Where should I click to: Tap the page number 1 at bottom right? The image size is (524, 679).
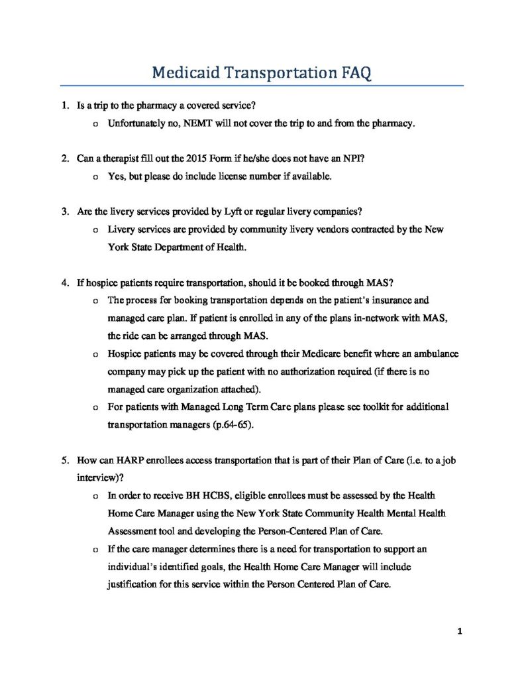(458, 631)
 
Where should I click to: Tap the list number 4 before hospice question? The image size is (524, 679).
(64, 282)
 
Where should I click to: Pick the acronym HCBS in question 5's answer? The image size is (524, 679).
(205, 496)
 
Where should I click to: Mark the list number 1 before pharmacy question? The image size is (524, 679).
(64, 105)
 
